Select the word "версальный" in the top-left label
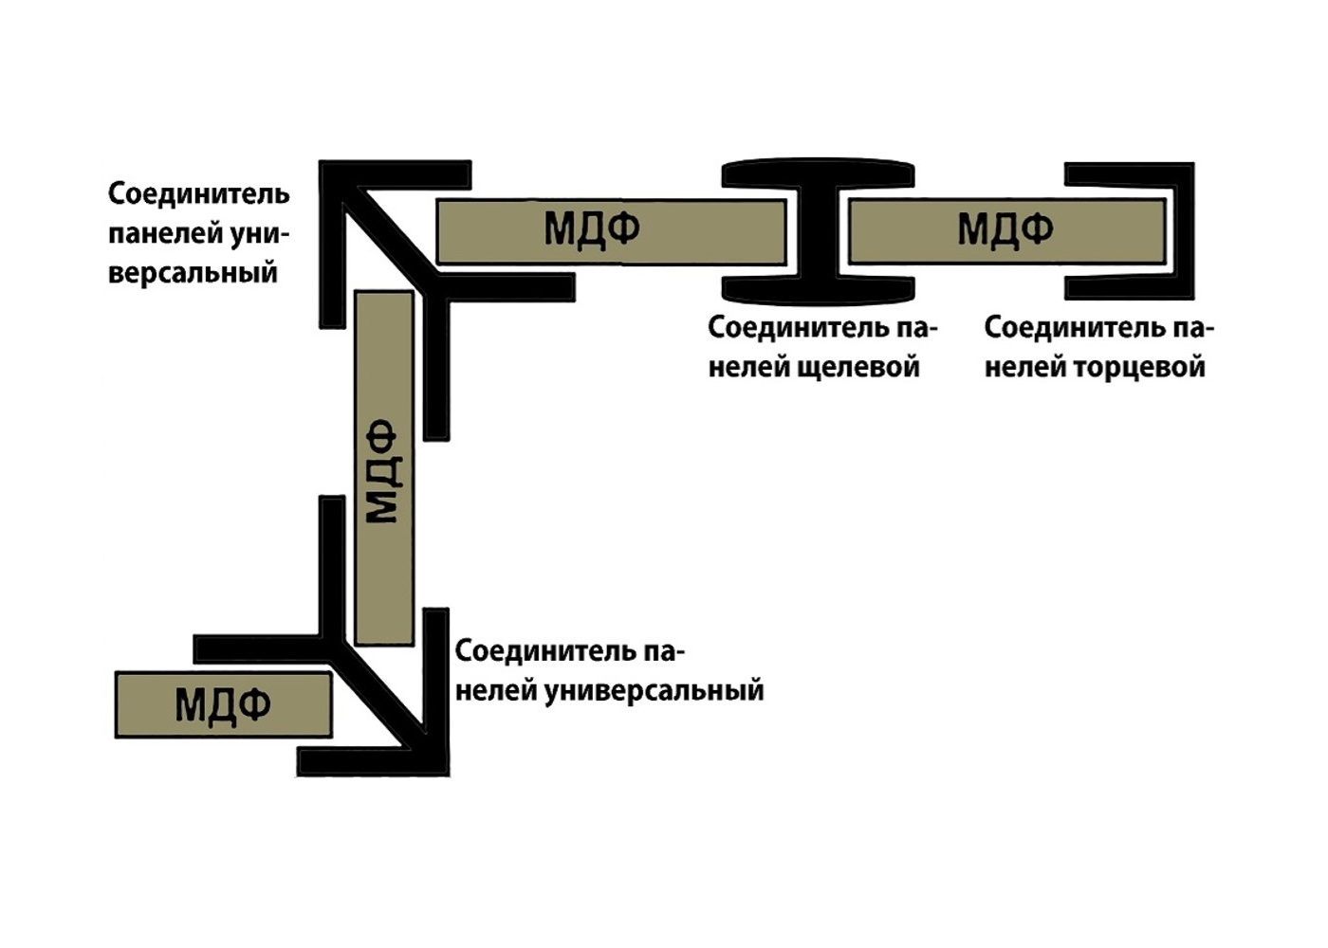click(x=193, y=273)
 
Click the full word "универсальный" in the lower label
click(x=654, y=691)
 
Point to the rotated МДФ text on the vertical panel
click(x=381, y=471)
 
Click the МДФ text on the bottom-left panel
click(x=223, y=705)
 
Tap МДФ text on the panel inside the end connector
click(x=1005, y=229)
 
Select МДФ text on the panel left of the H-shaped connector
click(x=592, y=229)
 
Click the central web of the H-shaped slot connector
click(x=818, y=231)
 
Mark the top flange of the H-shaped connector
click(x=818, y=173)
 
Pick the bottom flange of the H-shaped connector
click(x=818, y=289)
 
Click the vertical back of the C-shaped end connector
click(x=1185, y=231)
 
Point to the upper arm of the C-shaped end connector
click(x=1130, y=173)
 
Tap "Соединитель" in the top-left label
click(x=199, y=193)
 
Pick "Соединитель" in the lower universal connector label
click(x=547, y=651)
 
